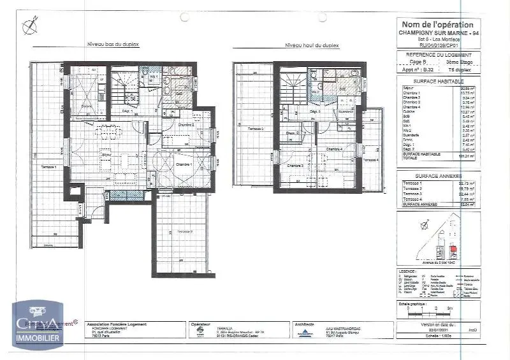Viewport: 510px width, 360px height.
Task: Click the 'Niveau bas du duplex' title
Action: (x=113, y=44)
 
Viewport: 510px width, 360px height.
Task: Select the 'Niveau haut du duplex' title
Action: (x=312, y=45)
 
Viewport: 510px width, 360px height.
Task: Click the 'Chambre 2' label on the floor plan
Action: (x=186, y=124)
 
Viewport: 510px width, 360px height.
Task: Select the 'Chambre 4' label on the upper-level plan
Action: (x=333, y=149)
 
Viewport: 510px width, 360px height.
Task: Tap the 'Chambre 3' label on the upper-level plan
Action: (x=295, y=166)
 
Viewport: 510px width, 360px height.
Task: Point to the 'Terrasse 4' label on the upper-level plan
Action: (x=370, y=159)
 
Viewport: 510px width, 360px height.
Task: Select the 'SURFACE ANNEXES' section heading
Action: (x=438, y=175)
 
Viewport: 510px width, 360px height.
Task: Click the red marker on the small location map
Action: (x=454, y=248)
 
